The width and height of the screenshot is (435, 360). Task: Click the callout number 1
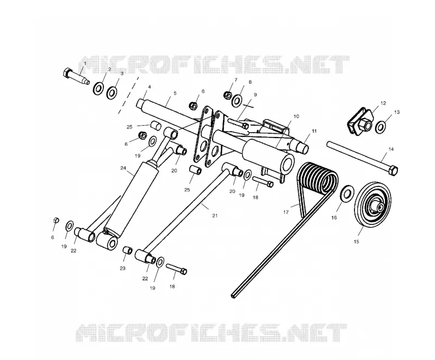click(85, 64)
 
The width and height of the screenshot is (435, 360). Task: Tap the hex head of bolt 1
click(67, 73)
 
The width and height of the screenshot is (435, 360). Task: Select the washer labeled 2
click(98, 88)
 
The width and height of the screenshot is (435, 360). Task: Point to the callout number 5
click(175, 94)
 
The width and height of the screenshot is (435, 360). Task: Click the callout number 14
click(391, 149)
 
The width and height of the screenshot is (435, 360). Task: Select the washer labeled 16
click(347, 194)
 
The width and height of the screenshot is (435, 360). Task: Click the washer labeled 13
click(380, 127)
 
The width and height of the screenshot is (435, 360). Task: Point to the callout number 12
click(383, 103)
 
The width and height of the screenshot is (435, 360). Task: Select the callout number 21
click(215, 215)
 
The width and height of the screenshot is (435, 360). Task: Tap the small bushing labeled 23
click(127, 250)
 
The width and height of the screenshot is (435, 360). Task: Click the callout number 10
click(296, 116)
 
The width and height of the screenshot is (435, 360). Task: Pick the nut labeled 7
click(227, 95)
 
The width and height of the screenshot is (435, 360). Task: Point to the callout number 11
click(314, 131)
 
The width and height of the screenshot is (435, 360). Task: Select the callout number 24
click(123, 168)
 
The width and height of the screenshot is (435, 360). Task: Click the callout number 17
click(286, 212)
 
